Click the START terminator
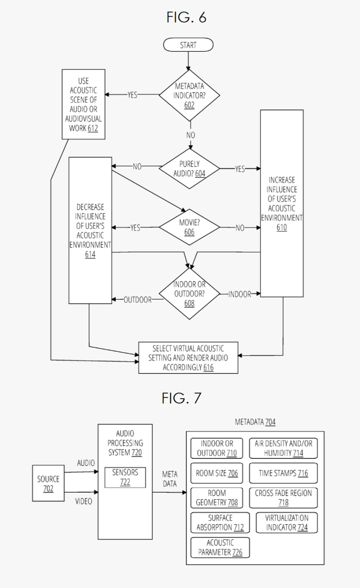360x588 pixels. pyautogui.click(x=188, y=45)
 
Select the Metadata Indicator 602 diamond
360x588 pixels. pyautogui.click(x=189, y=95)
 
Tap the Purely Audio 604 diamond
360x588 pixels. pyautogui.click(x=189, y=169)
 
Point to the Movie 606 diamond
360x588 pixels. pyautogui.click(x=189, y=228)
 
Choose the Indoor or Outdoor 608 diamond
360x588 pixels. pyautogui.click(x=189, y=294)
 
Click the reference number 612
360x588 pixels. pyautogui.click(x=94, y=128)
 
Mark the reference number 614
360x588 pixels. pyautogui.click(x=90, y=255)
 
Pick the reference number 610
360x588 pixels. pyautogui.click(x=282, y=227)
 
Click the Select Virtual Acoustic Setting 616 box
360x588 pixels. pyautogui.click(x=188, y=358)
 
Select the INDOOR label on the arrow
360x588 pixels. pyautogui.click(x=239, y=294)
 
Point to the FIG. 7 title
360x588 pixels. pyautogui.click(x=182, y=398)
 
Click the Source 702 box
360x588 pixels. pyautogui.click(x=48, y=484)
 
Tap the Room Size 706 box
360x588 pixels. pyautogui.click(x=217, y=473)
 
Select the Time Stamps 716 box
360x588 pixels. pyautogui.click(x=283, y=473)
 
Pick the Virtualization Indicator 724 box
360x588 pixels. pyautogui.click(x=287, y=522)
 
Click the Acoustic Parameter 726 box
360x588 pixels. pyautogui.click(x=220, y=547)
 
